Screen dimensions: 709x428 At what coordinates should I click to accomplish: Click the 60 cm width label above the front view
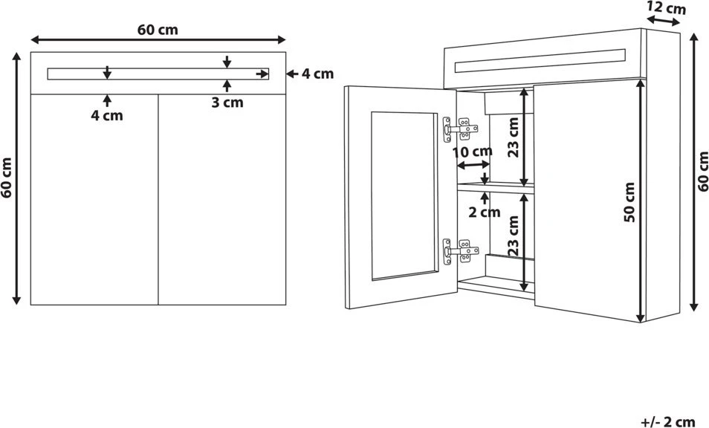coord(158,30)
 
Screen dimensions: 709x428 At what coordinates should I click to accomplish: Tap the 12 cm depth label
coord(666,7)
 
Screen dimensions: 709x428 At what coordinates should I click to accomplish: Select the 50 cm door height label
coord(629,202)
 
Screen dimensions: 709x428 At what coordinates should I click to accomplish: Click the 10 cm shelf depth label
coord(472,152)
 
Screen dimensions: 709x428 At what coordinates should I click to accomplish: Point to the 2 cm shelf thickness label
coord(485,212)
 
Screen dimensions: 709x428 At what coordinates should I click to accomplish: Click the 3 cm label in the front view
coord(227,103)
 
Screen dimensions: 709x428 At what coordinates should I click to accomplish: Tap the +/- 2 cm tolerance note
coord(668,421)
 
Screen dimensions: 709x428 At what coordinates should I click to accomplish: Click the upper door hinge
coord(460,129)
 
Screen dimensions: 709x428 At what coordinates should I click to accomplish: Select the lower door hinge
coord(460,251)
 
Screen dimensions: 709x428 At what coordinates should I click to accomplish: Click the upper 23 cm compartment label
coord(514,137)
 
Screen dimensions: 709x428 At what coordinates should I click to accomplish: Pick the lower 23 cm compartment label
coord(514,236)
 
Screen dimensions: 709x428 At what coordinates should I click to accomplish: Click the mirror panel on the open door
coord(405,195)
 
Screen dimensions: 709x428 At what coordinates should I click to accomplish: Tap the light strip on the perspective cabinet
coord(540,61)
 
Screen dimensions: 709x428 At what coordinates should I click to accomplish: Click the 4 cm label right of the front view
coord(317,74)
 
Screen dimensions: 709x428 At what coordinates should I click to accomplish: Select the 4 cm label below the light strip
coord(107,116)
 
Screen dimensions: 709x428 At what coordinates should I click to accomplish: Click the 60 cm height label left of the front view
coord(7,178)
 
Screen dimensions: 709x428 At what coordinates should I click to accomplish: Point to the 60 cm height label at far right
coord(702,172)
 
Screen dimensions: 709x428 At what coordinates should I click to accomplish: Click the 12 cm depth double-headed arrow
coord(663,21)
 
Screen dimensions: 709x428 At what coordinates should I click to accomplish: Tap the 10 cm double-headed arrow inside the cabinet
coord(473,166)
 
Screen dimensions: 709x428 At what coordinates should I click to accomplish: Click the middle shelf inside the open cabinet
coord(496,188)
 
